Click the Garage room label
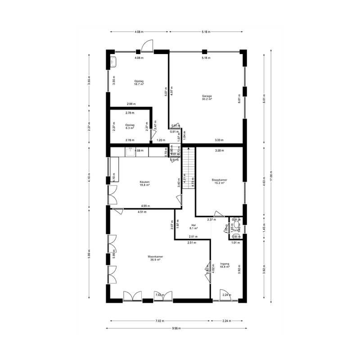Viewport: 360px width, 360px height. [x=207, y=97]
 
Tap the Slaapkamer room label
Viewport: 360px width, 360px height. [x=219, y=181]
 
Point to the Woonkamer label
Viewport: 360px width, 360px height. [x=155, y=258]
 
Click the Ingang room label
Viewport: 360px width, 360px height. [x=225, y=265]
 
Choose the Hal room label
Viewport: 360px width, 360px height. [x=194, y=226]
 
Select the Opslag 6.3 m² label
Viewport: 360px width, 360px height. [x=130, y=126]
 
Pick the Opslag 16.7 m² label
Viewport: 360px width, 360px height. [x=139, y=83]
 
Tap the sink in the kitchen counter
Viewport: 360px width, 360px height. [x=131, y=151]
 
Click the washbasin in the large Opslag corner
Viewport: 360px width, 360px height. [x=113, y=61]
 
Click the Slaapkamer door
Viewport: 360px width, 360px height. [x=219, y=214]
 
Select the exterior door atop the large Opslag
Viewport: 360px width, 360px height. [x=147, y=46]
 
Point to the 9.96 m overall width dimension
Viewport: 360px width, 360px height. [x=178, y=328]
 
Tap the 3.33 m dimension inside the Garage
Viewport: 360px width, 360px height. [x=220, y=140]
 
